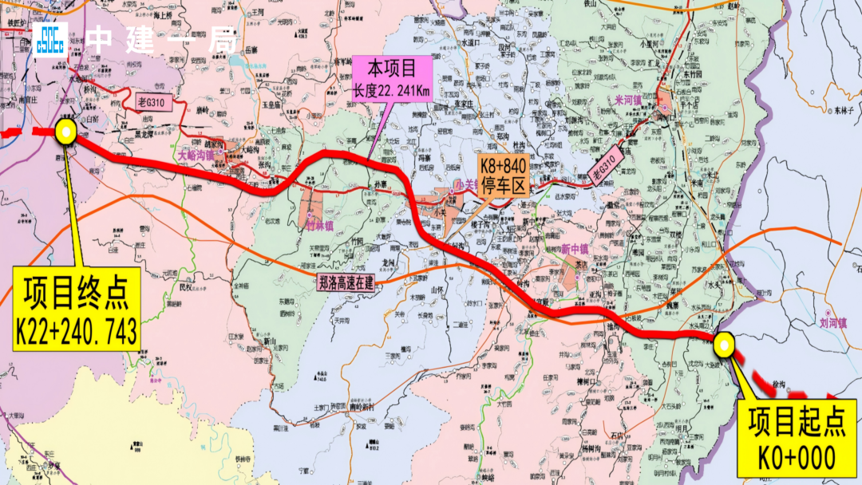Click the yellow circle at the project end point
(x=65, y=132)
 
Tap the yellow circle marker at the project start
(x=724, y=345)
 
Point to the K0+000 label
(x=797, y=457)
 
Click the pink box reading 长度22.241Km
(x=393, y=90)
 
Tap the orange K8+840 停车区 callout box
(x=503, y=175)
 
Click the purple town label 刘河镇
(x=832, y=323)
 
